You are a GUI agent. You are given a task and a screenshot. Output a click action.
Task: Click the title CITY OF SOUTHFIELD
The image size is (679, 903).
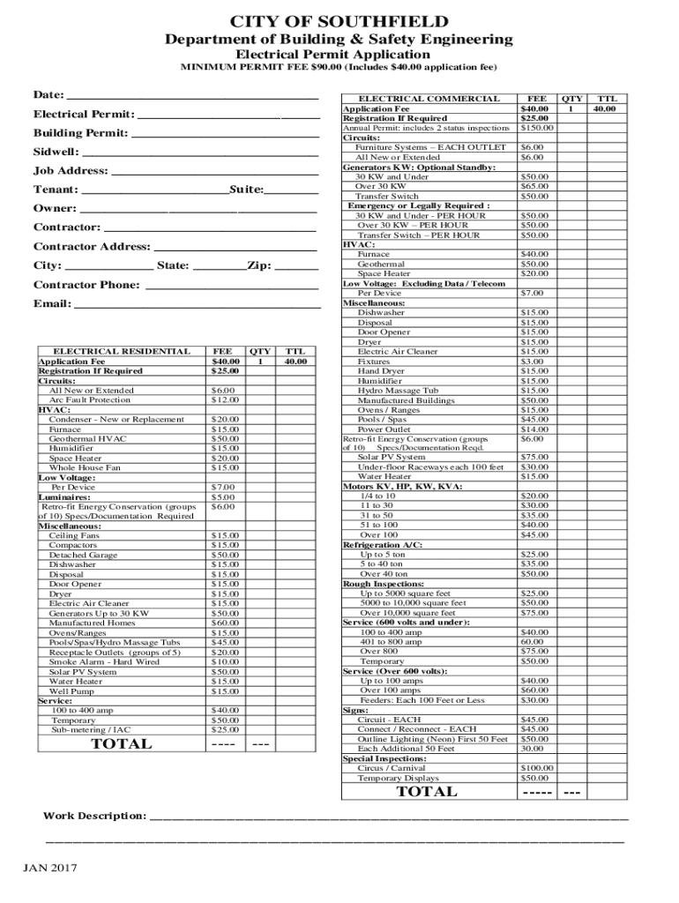pyautogui.click(x=339, y=21)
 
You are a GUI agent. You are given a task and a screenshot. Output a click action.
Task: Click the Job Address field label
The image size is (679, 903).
pyautogui.click(x=71, y=171)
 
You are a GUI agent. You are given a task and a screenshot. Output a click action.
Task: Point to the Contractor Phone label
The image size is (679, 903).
pyautogui.click(x=86, y=285)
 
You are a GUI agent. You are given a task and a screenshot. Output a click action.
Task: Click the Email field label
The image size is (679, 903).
pyautogui.click(x=52, y=304)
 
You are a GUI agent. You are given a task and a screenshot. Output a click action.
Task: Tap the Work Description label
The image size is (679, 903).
pyautogui.click(x=95, y=816)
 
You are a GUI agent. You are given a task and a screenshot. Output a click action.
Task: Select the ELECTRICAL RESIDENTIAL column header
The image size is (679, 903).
pyautogui.click(x=121, y=351)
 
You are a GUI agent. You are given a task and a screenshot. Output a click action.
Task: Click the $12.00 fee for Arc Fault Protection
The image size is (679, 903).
pyautogui.click(x=225, y=399)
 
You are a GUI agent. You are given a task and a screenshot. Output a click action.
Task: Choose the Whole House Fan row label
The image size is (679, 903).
pyautogui.click(x=85, y=467)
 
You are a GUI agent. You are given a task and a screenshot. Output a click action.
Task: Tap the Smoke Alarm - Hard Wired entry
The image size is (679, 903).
pyautogui.click(x=104, y=661)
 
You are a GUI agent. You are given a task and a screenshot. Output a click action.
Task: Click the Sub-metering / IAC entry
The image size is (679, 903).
pyautogui.click(x=91, y=729)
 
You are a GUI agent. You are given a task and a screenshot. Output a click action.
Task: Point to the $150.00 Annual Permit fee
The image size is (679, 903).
pyautogui.click(x=536, y=128)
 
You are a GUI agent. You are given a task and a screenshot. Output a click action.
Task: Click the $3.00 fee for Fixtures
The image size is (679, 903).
pyautogui.click(x=532, y=361)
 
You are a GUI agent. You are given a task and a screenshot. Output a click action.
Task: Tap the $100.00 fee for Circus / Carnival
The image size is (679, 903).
pyautogui.click(x=536, y=768)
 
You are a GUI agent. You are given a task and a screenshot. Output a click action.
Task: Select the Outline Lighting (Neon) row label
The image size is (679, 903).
pyautogui.click(x=432, y=739)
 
